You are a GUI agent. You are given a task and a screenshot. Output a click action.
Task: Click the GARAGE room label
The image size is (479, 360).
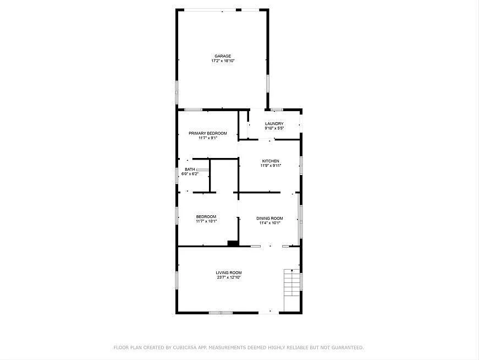point(223,56)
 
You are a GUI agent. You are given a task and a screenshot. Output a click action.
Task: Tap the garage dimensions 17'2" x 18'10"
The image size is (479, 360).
point(223,61)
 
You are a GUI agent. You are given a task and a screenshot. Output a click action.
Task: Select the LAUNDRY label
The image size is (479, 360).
point(274,124)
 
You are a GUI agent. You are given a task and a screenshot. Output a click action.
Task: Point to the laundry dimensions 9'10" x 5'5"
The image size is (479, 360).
point(274,128)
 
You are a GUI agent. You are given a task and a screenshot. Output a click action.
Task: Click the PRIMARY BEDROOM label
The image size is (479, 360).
point(207,133)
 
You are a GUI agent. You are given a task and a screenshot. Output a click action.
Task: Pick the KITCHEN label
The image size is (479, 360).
point(271,161)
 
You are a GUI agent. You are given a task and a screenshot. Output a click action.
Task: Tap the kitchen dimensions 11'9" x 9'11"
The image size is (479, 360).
point(271,166)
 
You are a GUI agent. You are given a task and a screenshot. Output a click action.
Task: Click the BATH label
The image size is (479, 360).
point(189,170)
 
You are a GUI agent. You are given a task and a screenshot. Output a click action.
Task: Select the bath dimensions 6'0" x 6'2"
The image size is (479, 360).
point(190,174)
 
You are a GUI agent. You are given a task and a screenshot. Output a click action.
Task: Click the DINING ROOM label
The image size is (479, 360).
point(269,219)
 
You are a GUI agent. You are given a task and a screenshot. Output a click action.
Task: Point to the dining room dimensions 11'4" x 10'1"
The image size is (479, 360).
point(269,223)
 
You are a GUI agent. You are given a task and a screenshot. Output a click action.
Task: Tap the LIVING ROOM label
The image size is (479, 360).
point(228,273)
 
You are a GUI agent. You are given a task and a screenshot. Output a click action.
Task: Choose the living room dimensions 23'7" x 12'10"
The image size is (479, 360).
point(228,277)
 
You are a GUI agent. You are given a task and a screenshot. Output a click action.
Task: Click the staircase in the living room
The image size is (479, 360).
point(291,290)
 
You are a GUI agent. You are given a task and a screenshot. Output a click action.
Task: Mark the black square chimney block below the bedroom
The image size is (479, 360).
point(233,243)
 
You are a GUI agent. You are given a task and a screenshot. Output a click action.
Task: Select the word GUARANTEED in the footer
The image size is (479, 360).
point(345,347)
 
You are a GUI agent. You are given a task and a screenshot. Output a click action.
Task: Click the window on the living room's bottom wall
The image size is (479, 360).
point(221,313)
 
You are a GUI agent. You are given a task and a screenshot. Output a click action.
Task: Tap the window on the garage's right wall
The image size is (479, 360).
point(268,84)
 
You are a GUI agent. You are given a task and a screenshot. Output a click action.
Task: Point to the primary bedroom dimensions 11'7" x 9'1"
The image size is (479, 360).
point(208,138)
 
